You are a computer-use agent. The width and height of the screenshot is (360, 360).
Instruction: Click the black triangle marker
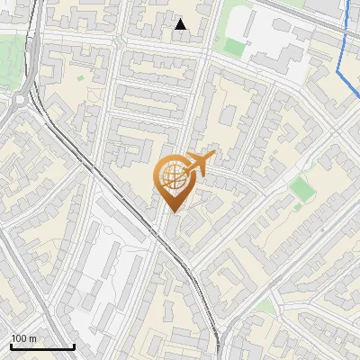[x=181, y=24]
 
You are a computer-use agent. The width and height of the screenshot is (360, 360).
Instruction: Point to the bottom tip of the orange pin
[x=173, y=213]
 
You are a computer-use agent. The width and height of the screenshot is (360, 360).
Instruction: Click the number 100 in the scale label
[x=19, y=338]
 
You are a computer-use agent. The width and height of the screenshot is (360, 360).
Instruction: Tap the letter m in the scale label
[x=33, y=338]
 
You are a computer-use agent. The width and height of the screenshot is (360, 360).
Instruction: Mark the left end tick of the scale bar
[x=10, y=346]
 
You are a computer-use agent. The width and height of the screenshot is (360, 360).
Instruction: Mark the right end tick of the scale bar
[x=75, y=346]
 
